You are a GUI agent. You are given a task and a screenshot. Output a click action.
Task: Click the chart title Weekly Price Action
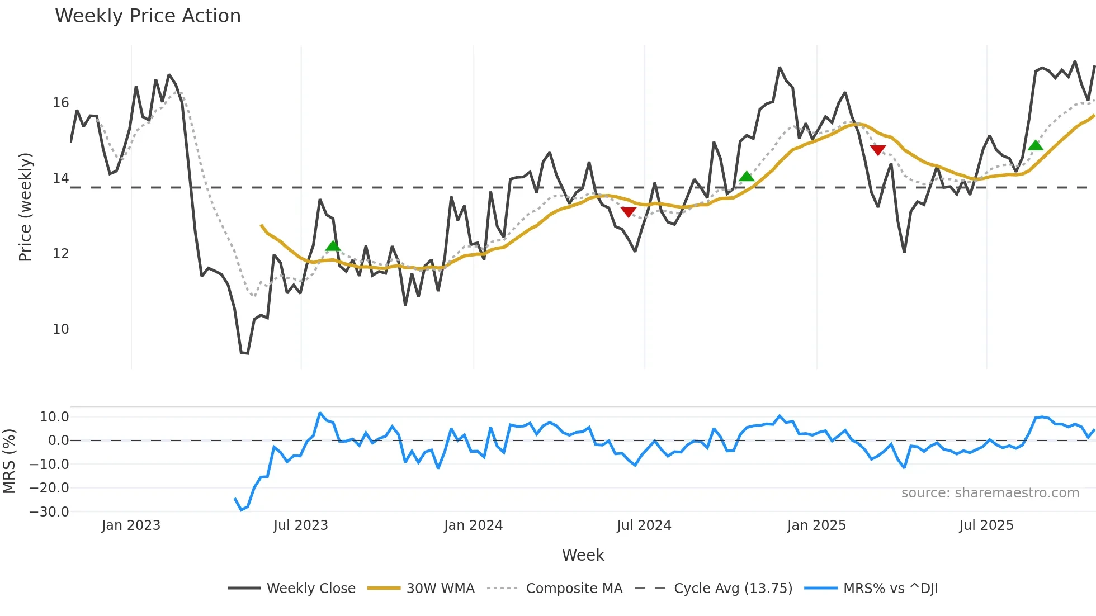click(148, 16)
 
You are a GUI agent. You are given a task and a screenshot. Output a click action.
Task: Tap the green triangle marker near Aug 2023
click(333, 246)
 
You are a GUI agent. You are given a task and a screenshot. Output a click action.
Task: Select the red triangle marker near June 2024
click(629, 212)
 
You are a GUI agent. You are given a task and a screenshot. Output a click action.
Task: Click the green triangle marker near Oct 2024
click(747, 177)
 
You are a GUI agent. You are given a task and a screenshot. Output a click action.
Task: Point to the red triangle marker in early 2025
click(878, 150)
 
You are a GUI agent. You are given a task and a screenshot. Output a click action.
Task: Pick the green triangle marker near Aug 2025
click(1036, 145)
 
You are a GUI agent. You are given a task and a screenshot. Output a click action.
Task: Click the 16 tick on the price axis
click(60, 103)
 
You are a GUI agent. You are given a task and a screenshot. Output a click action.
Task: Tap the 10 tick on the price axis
click(60, 329)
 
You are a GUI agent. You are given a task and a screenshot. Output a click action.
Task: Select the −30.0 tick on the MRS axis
click(49, 512)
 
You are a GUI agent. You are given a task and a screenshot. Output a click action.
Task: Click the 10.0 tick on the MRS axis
click(54, 417)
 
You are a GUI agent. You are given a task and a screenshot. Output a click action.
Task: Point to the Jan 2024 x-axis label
click(473, 525)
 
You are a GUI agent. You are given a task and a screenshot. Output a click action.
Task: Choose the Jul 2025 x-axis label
click(986, 525)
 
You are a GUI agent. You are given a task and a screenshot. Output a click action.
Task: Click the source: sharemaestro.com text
click(990, 493)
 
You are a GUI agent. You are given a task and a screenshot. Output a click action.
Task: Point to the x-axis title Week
click(583, 555)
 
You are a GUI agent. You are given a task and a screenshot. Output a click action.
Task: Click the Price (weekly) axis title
click(26, 207)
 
